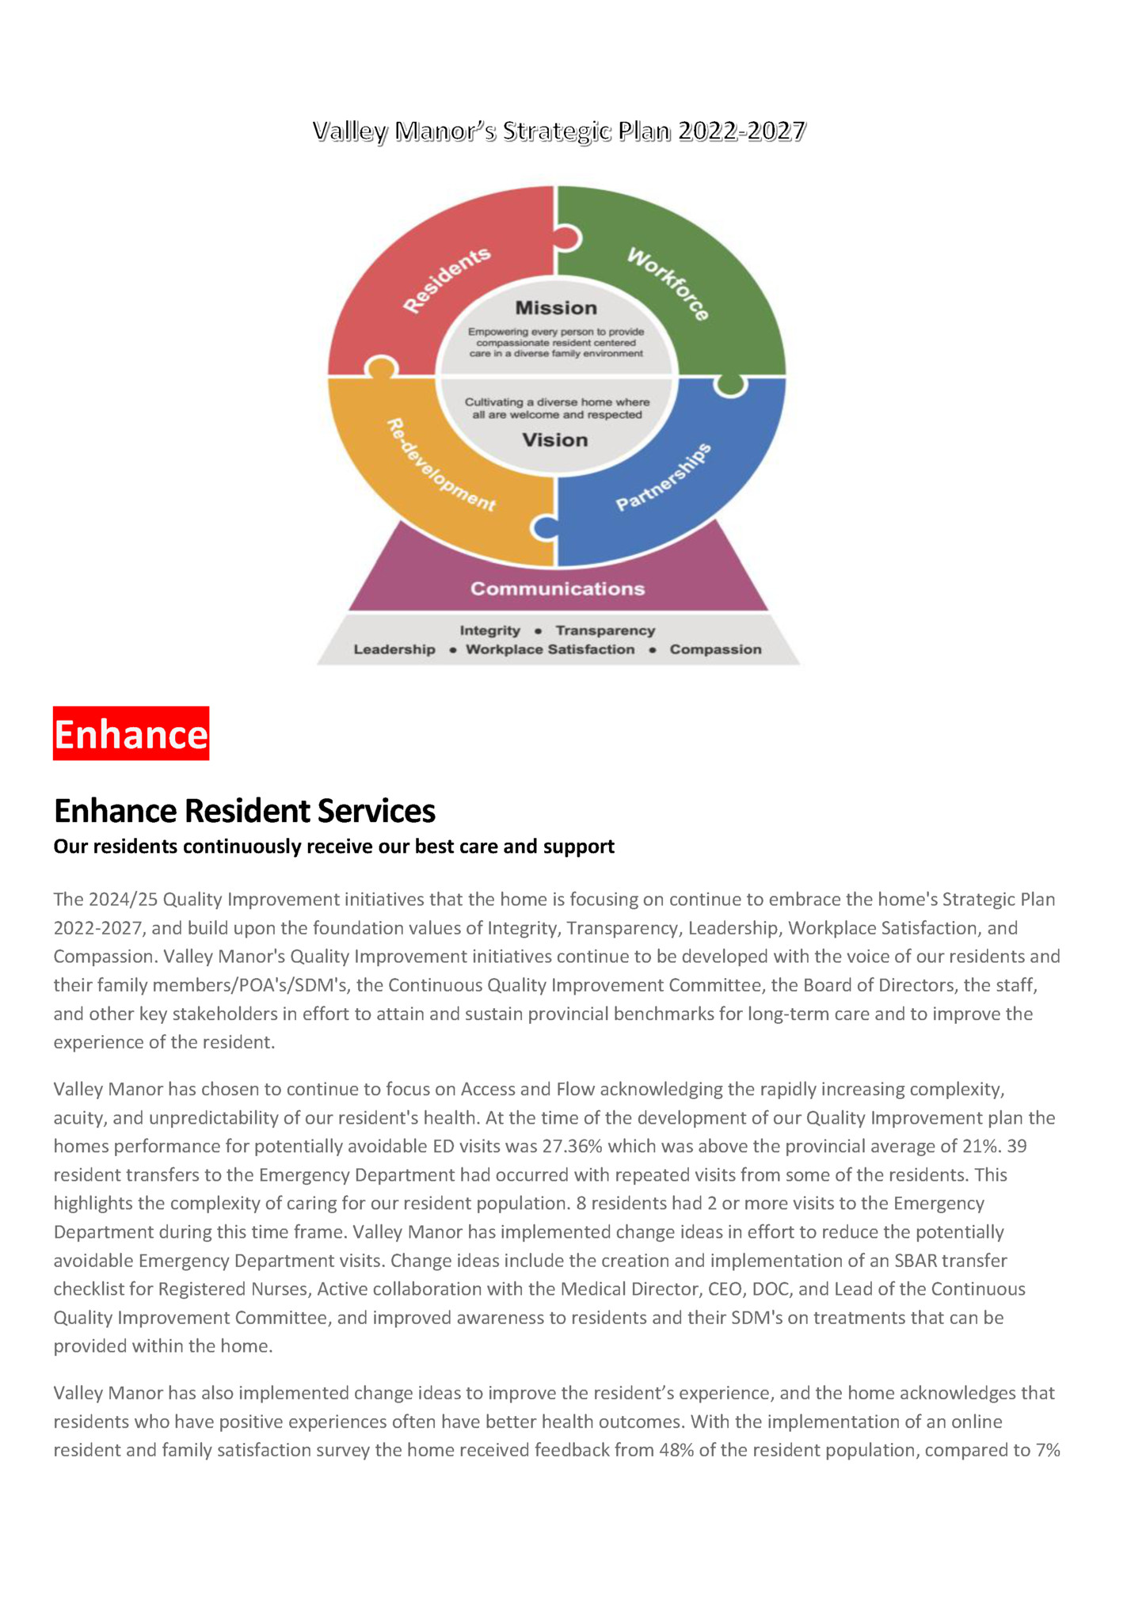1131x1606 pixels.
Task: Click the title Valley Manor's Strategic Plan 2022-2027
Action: [x=559, y=131]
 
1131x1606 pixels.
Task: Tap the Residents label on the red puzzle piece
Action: [x=447, y=280]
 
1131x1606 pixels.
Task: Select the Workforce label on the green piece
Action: [x=668, y=283]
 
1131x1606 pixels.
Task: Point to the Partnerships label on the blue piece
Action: [x=664, y=478]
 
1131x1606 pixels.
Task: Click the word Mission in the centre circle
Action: [x=556, y=308]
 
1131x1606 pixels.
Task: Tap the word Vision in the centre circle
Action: [x=554, y=440]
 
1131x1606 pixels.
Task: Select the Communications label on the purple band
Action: [x=558, y=588]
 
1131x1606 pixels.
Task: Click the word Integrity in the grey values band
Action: [x=490, y=630]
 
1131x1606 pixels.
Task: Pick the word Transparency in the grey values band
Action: [x=605, y=630]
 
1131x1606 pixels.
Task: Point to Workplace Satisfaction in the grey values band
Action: [x=550, y=649]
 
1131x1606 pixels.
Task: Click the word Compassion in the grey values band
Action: [x=715, y=649]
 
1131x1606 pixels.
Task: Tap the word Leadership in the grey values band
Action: [x=394, y=649]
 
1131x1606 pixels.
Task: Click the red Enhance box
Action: [x=131, y=733]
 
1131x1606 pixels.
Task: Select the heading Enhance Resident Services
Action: [x=245, y=811]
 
